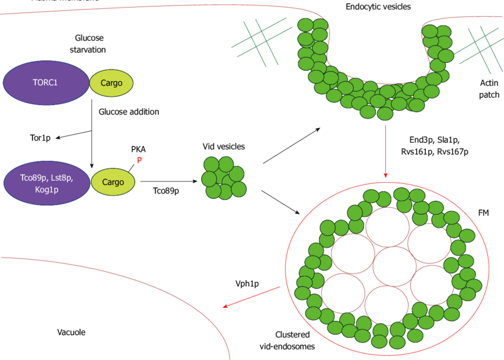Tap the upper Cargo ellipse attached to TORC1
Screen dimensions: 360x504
coord(111,83)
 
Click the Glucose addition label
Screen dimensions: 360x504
coord(129,111)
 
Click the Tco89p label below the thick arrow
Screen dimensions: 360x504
coord(166,191)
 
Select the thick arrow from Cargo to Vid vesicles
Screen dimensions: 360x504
coord(169,181)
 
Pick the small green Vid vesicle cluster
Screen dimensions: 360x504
coord(224,177)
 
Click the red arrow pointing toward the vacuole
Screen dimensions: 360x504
coord(251,297)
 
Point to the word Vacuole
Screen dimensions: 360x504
coord(72,332)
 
